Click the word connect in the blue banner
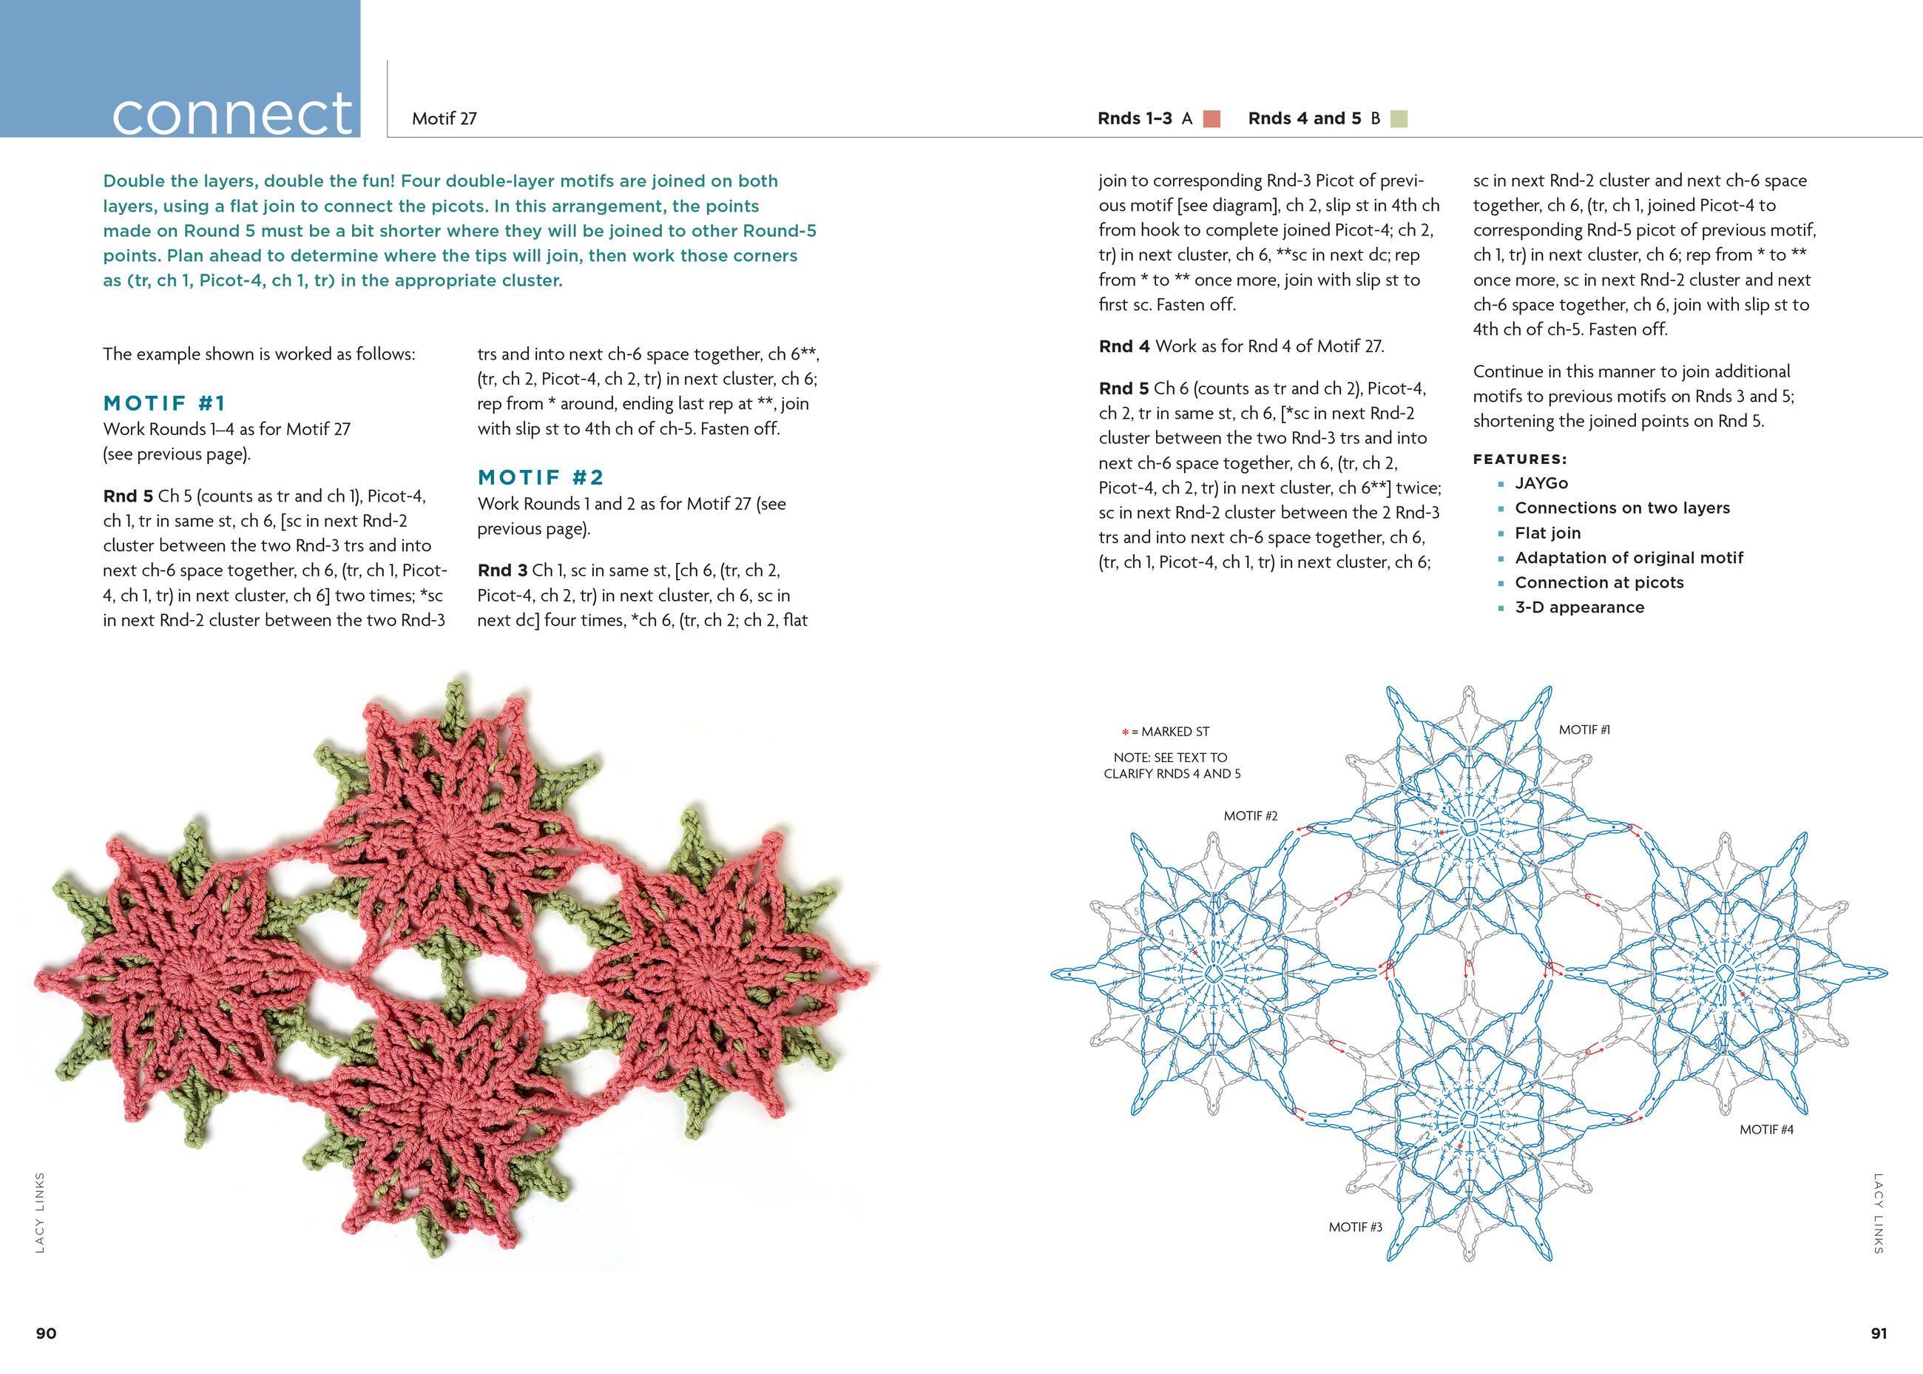(231, 113)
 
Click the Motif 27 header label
(444, 118)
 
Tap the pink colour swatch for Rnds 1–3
(1211, 118)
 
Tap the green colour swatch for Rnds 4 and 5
(1399, 118)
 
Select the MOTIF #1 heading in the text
(165, 403)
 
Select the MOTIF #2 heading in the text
(541, 477)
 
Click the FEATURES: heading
(1520, 459)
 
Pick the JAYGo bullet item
(1541, 483)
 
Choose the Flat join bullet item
(1547, 533)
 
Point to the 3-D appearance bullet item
(1579, 607)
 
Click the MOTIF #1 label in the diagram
(1584, 730)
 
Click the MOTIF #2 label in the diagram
(1250, 815)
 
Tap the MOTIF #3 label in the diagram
(1355, 1227)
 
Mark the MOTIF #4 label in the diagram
(1765, 1130)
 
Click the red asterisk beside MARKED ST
(1125, 733)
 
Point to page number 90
(46, 1333)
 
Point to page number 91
(1878, 1333)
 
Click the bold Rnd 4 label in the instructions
(1124, 346)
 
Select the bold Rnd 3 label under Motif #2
(501, 570)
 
